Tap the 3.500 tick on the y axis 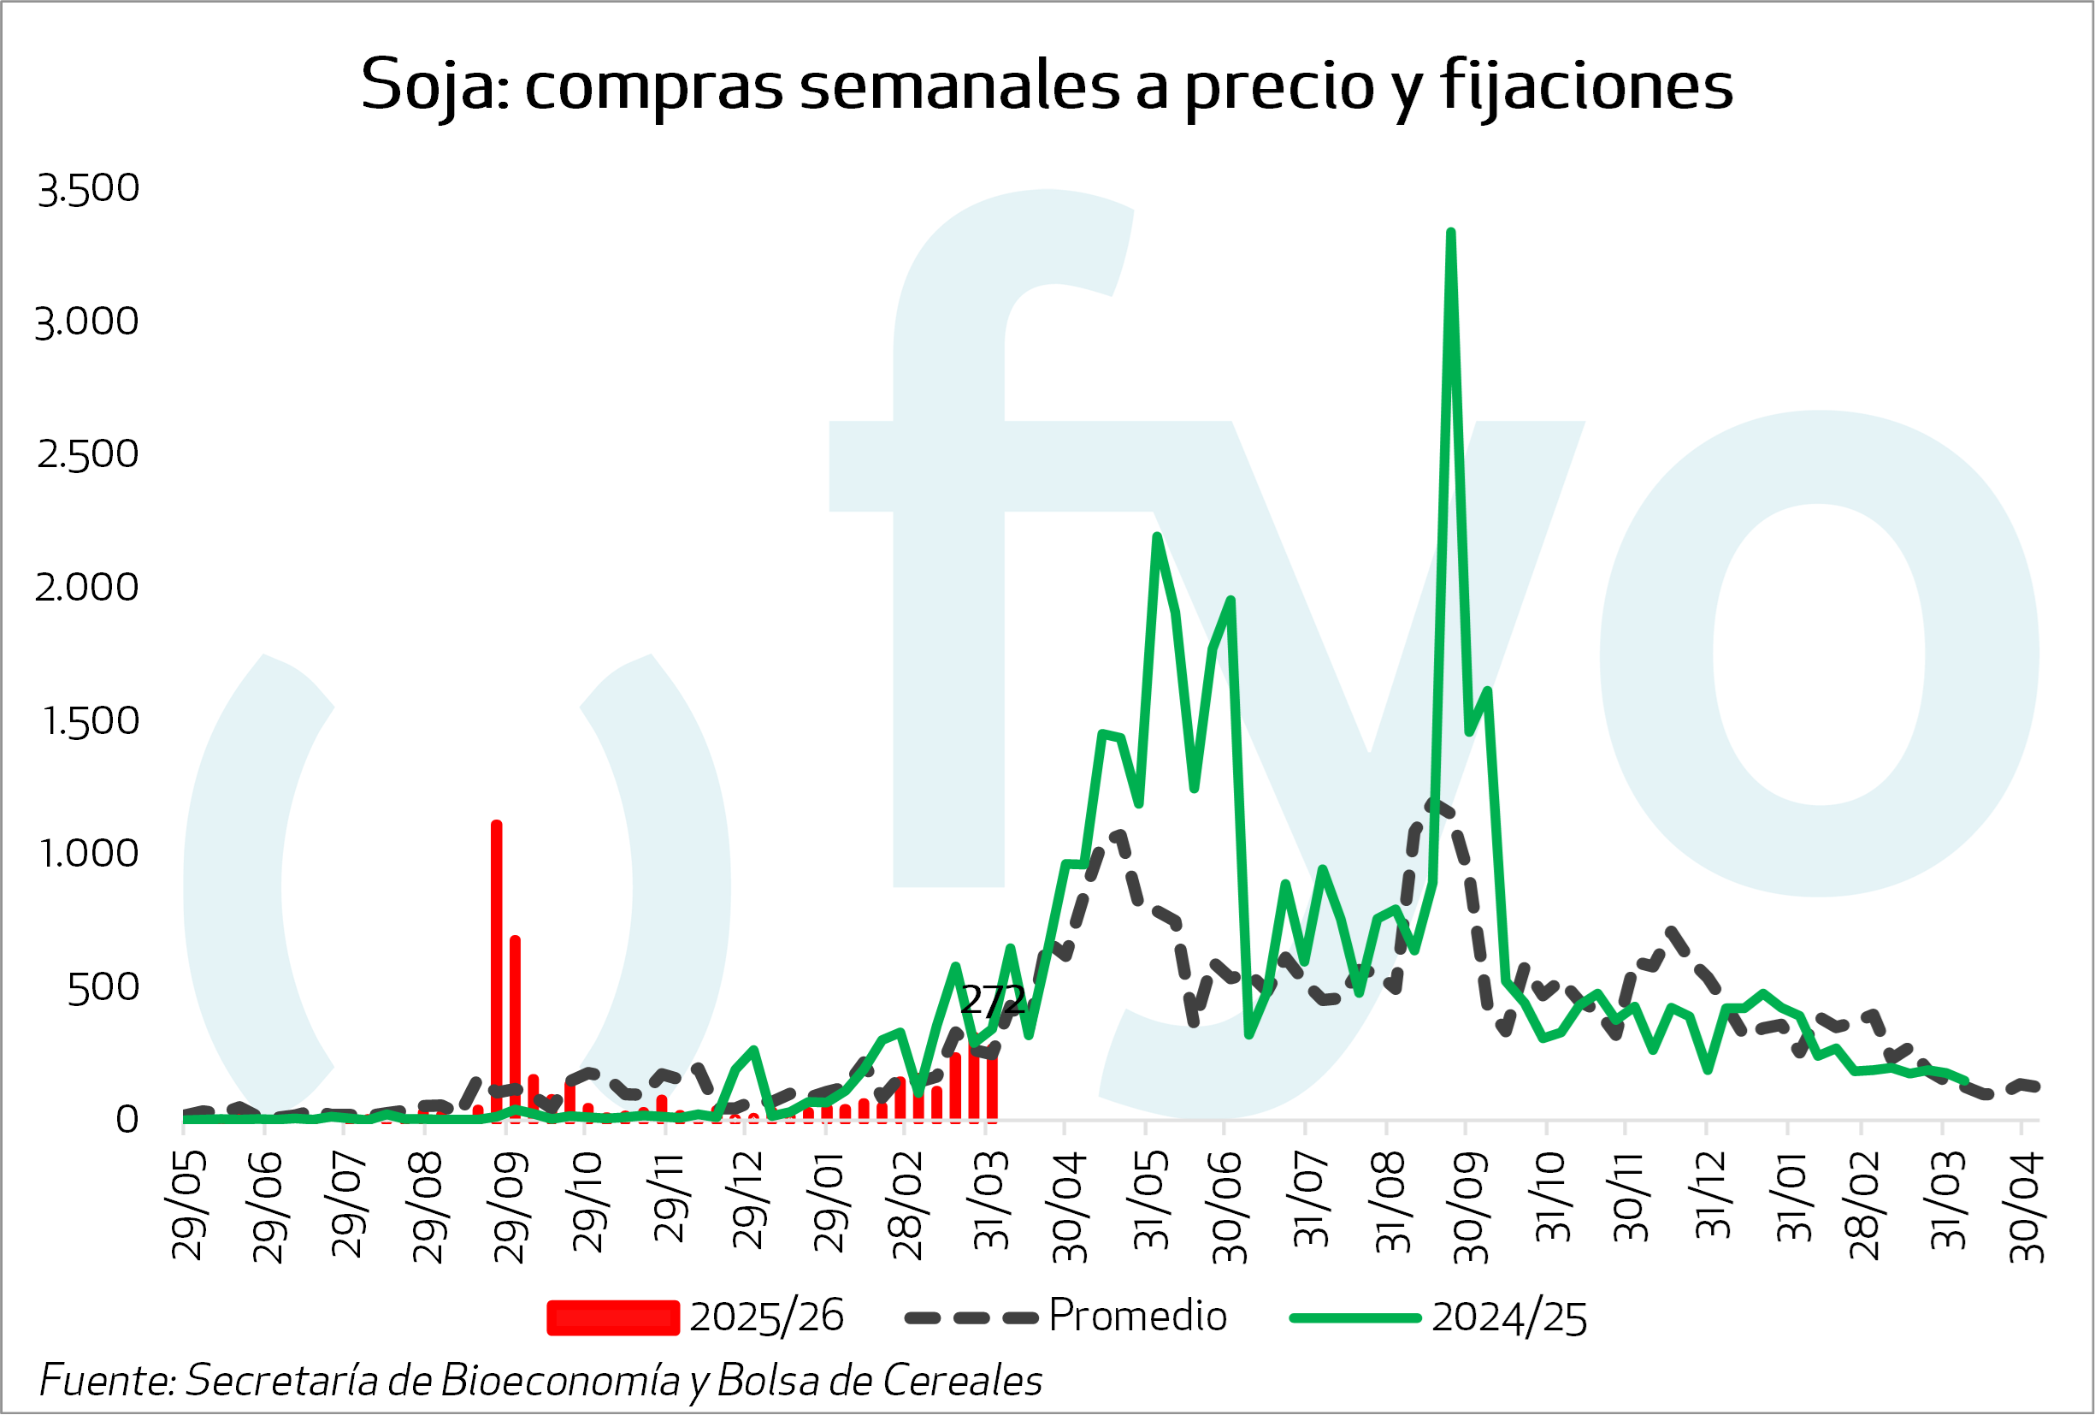88,189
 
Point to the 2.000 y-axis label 87,589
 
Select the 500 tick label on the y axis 103,988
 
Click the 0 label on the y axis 127,1120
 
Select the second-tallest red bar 515,1028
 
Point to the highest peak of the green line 1450,234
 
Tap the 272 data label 993,1000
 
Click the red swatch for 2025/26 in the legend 613,1317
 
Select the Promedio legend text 1137,1316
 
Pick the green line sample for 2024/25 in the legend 1354,1317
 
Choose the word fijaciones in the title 1586,86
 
